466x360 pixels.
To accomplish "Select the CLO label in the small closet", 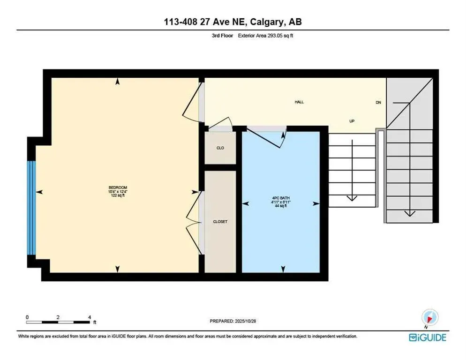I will [x=220, y=148].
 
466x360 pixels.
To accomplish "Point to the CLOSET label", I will [x=220, y=222].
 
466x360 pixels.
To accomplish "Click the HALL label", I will [x=299, y=102].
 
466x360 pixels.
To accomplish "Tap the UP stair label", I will [x=352, y=121].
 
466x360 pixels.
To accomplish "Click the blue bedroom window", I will [x=31, y=208].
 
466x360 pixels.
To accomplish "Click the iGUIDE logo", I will [x=427, y=337].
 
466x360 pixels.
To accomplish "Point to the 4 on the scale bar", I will [x=89, y=317].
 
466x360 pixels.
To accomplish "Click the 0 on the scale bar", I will [x=27, y=317].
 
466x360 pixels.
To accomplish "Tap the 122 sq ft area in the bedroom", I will [x=117, y=195].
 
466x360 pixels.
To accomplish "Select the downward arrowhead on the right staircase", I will [x=410, y=213].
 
